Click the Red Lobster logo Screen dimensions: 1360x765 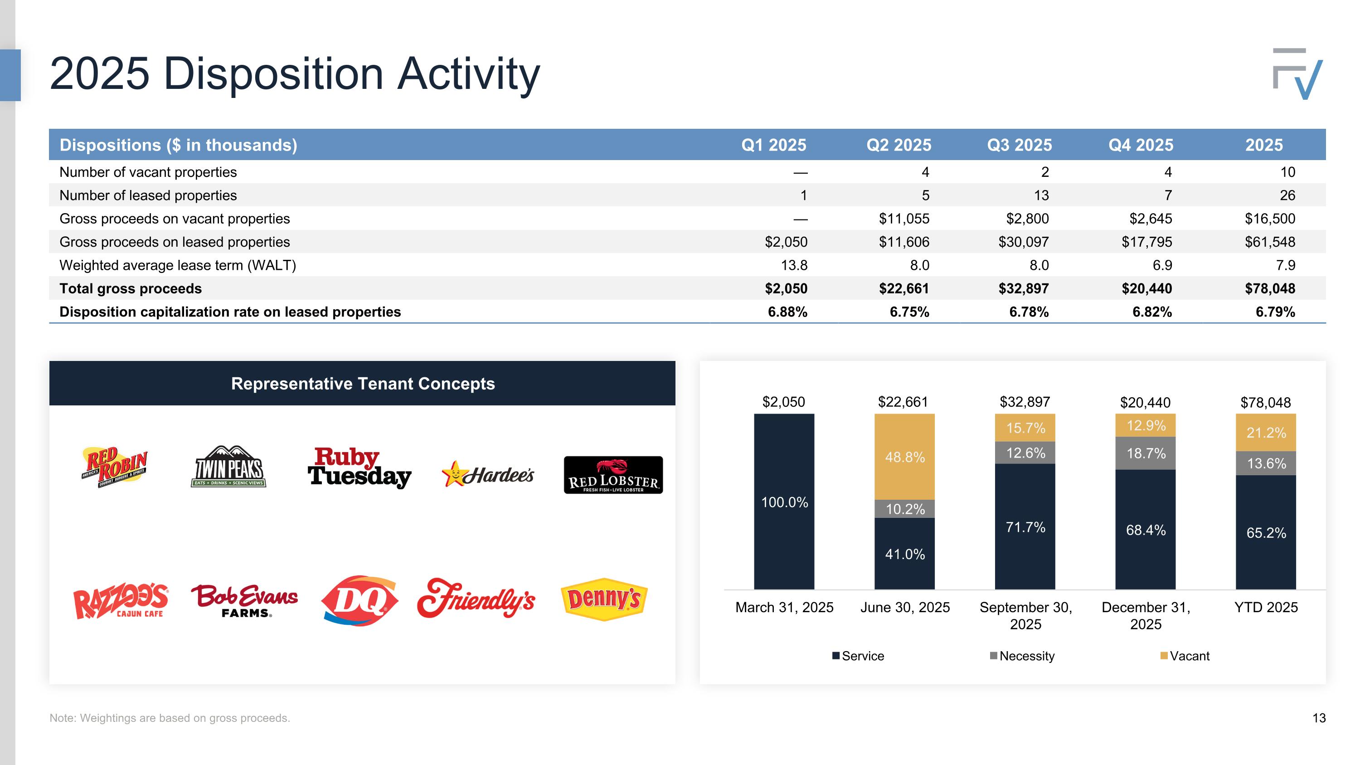613,475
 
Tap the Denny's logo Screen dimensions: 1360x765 603,599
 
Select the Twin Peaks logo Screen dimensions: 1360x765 228,466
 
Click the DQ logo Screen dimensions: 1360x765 359,600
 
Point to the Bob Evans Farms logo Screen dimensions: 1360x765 244,600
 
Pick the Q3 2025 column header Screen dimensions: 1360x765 1020,145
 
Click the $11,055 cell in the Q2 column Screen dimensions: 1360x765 904,219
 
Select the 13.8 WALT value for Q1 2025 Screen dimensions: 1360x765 794,265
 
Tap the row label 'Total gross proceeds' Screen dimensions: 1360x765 131,288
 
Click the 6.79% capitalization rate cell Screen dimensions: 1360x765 1275,312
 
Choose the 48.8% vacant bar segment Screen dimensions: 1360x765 904,457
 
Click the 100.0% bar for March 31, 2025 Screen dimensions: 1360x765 784,502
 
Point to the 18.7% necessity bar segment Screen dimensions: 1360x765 1145,453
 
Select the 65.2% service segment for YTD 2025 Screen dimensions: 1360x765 1266,532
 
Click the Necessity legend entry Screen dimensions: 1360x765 1022,656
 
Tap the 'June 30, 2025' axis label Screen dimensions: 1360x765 905,607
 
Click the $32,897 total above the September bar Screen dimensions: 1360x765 1025,402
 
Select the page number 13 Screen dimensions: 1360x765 1319,718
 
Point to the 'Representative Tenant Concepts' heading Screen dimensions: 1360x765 363,384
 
